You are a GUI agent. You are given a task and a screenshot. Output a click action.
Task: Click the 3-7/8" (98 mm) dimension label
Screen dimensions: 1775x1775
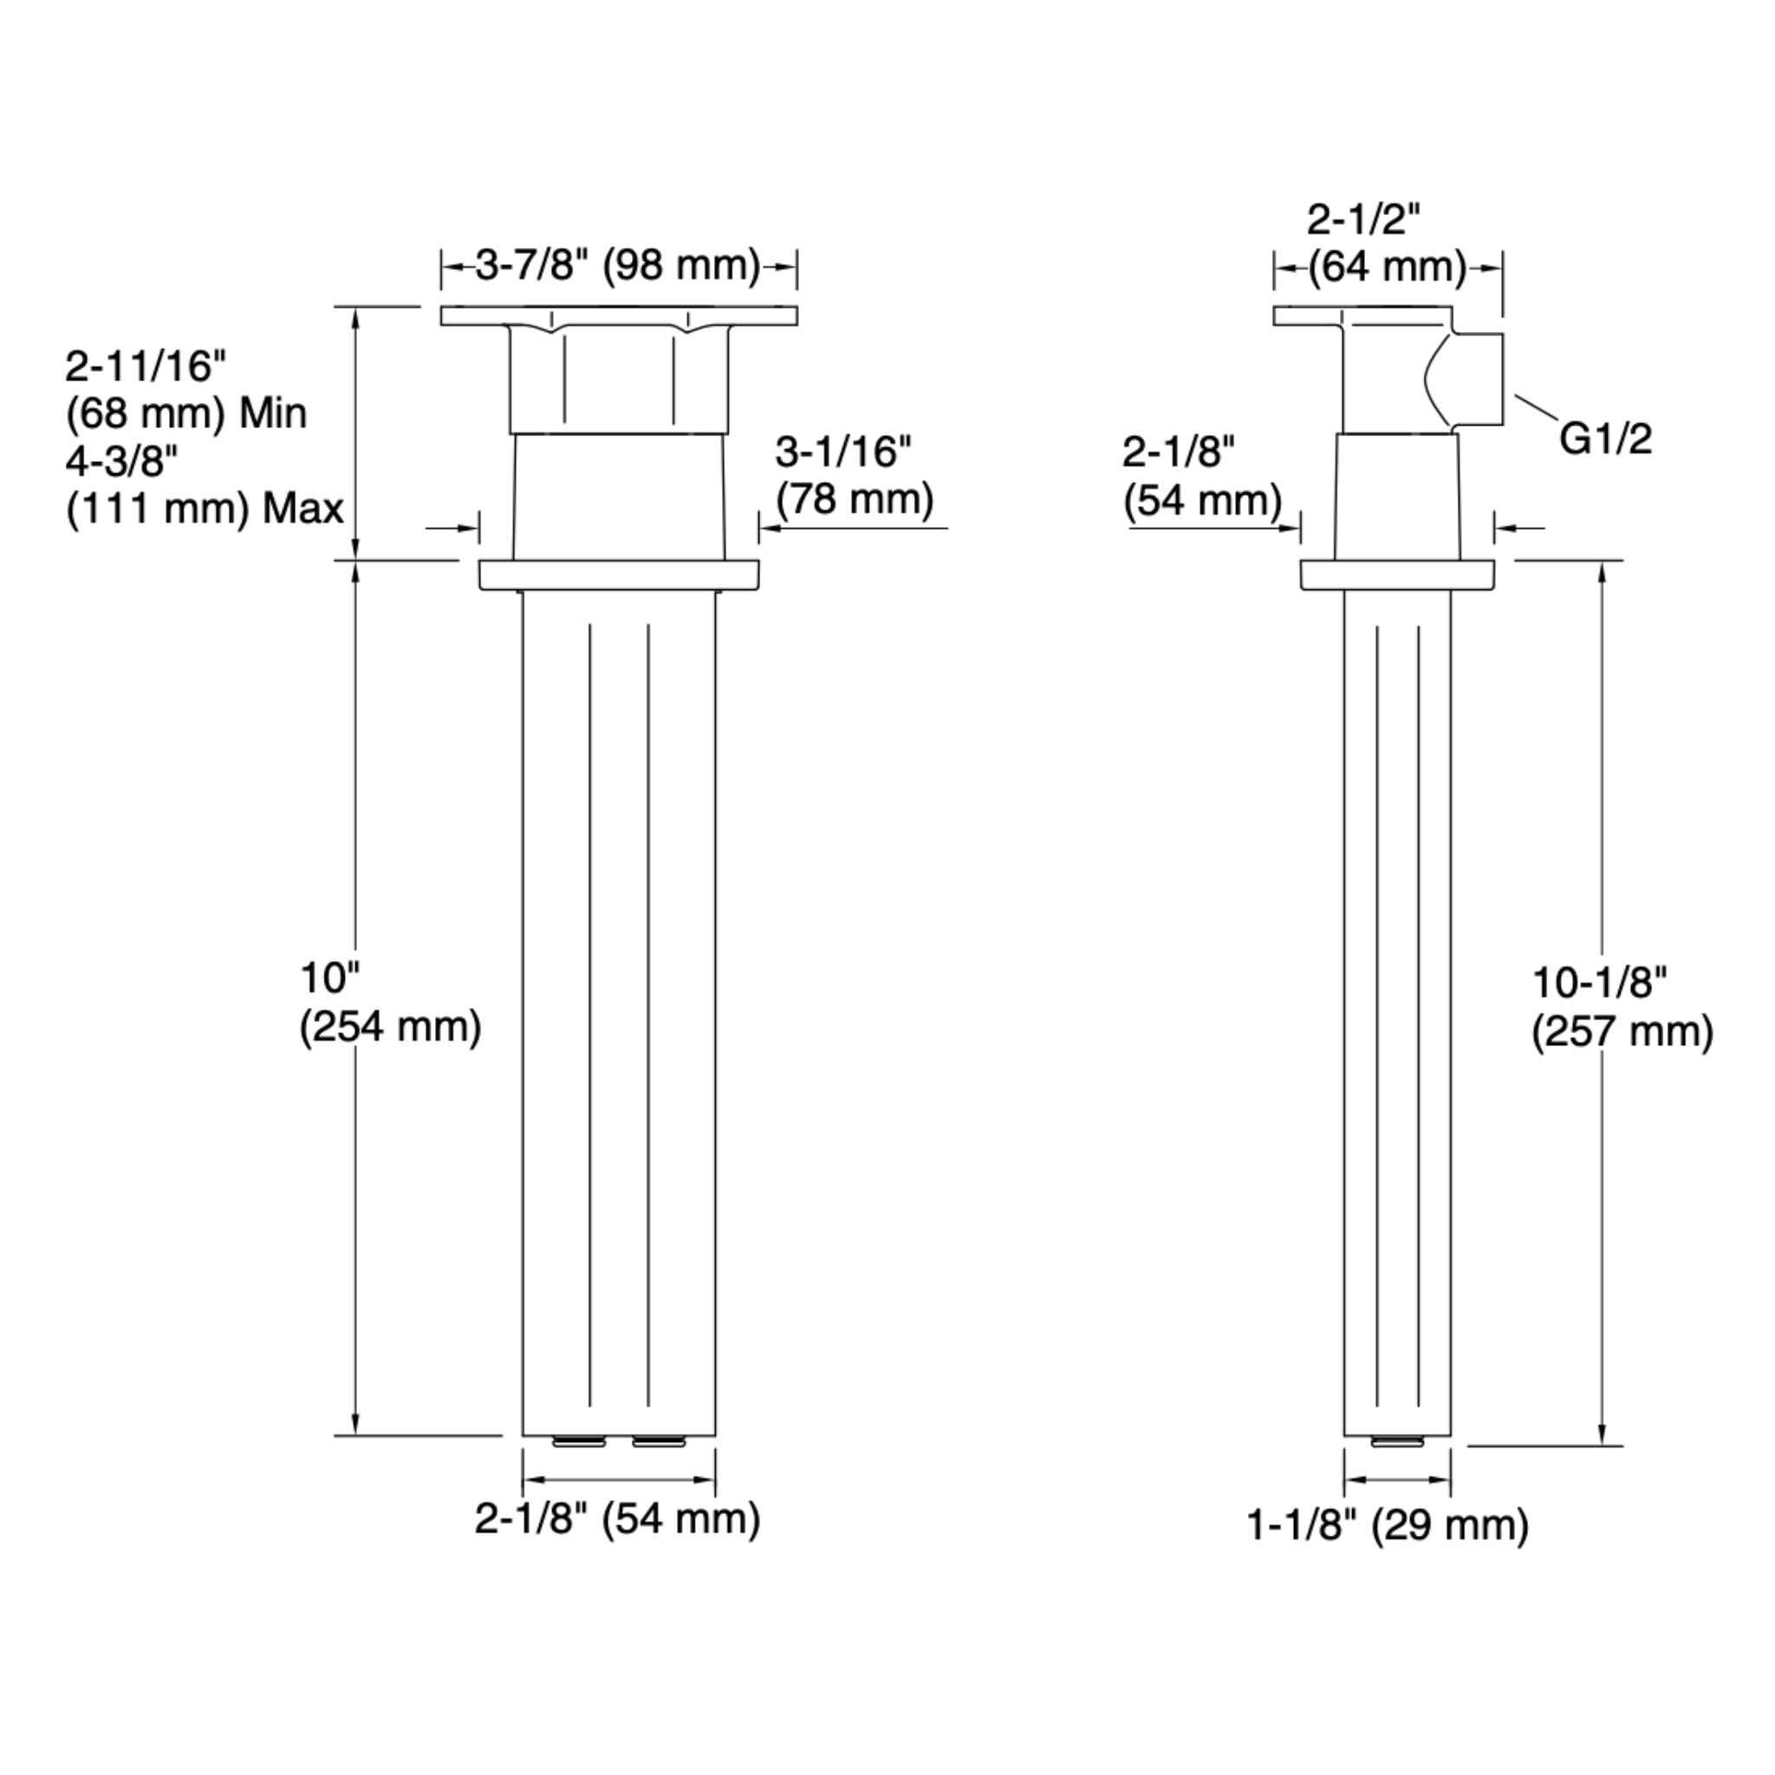pyautogui.click(x=617, y=265)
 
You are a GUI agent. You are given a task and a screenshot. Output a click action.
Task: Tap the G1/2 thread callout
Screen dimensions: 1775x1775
pyautogui.click(x=1605, y=439)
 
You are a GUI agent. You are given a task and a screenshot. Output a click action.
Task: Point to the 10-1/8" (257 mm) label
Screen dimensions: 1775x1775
pyautogui.click(x=1622, y=1008)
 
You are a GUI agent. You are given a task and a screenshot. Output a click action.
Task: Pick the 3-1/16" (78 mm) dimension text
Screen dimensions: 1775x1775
pyautogui.click(x=854, y=476)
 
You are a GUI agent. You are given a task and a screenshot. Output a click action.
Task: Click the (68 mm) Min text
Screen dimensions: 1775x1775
pyautogui.click(x=186, y=413)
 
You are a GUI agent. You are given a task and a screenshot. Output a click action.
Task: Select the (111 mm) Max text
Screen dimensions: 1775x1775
pyautogui.click(x=204, y=509)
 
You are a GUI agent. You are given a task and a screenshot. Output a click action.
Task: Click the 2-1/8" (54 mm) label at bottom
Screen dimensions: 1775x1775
pyautogui.click(x=617, y=1518)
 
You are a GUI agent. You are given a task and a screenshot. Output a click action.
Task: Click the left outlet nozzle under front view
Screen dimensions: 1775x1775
pyautogui.click(x=579, y=1442)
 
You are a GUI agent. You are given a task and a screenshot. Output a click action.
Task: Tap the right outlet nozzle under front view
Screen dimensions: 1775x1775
pyautogui.click(x=659, y=1442)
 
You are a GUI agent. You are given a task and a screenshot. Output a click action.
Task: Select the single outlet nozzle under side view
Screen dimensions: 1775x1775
pyautogui.click(x=1396, y=1442)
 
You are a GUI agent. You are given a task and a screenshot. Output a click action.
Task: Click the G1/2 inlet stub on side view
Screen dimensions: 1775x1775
pyautogui.click(x=1475, y=380)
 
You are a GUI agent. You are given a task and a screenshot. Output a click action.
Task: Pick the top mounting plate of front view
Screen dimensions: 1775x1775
pyautogui.click(x=618, y=316)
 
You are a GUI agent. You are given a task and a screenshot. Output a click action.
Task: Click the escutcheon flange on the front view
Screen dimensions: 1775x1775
pyautogui.click(x=618, y=575)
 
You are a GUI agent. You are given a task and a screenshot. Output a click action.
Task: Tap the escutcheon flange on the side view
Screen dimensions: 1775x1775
pyautogui.click(x=1396, y=575)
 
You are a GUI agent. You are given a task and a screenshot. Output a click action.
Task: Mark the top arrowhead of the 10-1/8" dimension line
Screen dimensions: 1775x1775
pyautogui.click(x=1603, y=571)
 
